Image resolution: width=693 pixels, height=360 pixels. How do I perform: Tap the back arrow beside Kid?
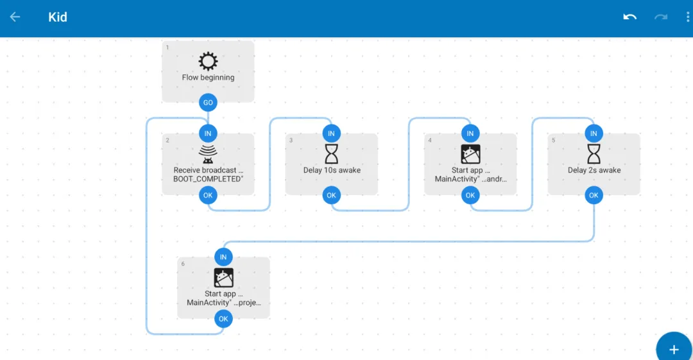point(15,17)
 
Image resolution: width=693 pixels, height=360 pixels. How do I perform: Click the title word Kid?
point(58,17)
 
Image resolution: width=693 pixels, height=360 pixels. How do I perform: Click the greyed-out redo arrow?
point(661,17)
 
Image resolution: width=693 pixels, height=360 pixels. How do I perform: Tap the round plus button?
point(674,348)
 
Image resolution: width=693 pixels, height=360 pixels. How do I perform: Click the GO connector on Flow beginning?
point(208,103)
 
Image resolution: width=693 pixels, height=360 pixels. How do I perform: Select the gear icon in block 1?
point(208,61)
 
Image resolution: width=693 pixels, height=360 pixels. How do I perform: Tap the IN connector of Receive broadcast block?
point(208,133)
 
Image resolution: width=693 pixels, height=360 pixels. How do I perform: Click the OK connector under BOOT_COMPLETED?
point(208,195)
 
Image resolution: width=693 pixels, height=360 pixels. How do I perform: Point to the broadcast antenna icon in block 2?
point(208,154)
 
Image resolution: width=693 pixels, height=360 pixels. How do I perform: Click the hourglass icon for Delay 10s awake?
point(332,154)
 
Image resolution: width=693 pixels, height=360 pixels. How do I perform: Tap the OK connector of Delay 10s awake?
point(332,195)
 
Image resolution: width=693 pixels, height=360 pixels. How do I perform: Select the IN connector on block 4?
point(470,133)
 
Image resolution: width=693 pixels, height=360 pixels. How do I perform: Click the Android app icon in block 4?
point(470,154)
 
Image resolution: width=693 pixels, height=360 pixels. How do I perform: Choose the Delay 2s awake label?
point(594,170)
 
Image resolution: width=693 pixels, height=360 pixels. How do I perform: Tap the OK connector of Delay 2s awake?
point(594,195)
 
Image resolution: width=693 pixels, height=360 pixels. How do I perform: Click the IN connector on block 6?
point(223,257)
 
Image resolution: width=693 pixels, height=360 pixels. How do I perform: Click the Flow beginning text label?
point(208,78)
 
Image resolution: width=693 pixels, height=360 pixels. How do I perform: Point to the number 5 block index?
point(553,140)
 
